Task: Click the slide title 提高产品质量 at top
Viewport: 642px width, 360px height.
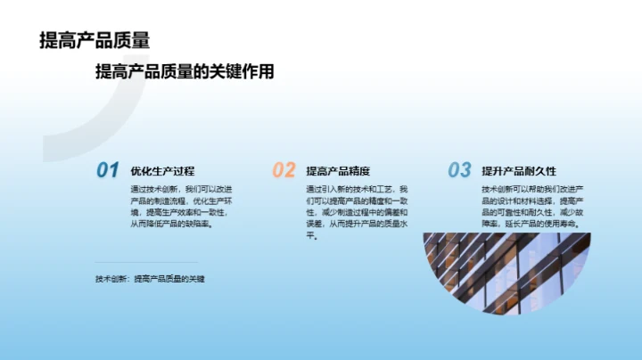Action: coord(94,40)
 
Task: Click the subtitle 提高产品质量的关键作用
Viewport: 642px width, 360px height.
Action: coord(185,72)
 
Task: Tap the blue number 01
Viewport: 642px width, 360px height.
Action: coord(107,170)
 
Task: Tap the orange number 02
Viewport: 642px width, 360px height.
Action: coord(283,170)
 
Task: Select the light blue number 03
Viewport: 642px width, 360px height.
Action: coord(459,170)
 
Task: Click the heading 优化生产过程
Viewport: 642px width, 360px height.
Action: coord(162,171)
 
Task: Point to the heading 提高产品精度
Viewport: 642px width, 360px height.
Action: coord(338,171)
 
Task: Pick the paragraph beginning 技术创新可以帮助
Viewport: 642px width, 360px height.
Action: coord(532,207)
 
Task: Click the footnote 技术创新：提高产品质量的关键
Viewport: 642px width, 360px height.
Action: coord(151,279)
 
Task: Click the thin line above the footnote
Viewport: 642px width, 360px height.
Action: coord(147,263)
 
